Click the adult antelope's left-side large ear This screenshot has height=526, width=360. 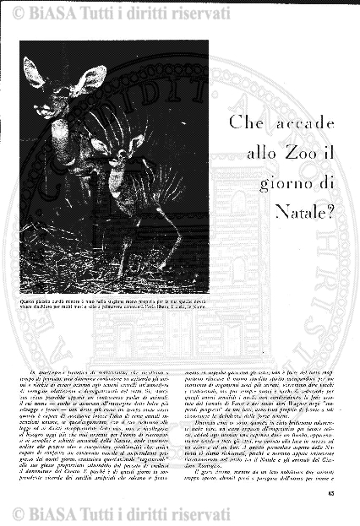click(35, 73)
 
